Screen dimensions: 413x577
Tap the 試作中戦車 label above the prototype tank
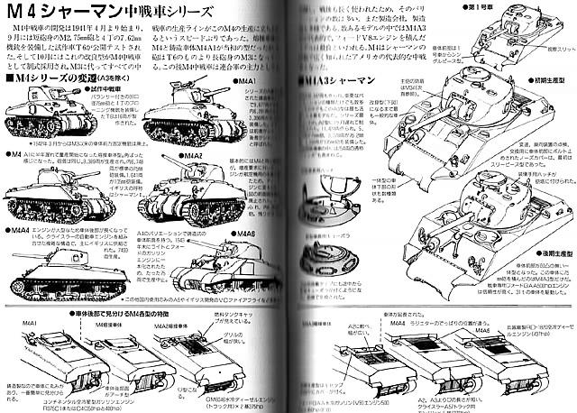point(61,92)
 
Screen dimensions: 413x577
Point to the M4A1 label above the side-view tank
point(244,81)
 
